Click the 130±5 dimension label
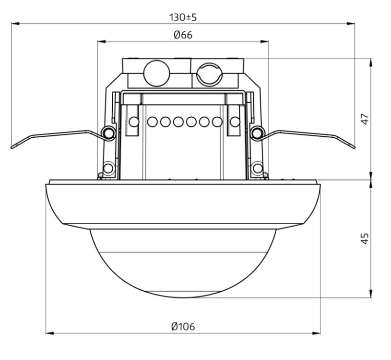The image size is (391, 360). coord(183,18)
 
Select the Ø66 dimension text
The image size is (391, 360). coord(183,35)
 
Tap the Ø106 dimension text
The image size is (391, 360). coord(183,326)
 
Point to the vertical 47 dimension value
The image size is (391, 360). coord(365,119)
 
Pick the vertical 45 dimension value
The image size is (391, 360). coord(365,238)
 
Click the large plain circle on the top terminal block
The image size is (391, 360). coord(157,73)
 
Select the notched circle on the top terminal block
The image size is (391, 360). coord(209,73)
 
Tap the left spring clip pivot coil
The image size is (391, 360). coord(108,133)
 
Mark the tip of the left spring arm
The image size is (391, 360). coord(12,148)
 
